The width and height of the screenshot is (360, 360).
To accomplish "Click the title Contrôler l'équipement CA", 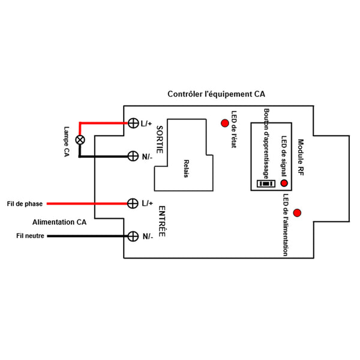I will pos(216,95).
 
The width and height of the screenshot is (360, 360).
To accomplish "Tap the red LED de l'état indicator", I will pos(225,124).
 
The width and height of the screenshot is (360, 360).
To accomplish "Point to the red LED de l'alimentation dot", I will pos(297,212).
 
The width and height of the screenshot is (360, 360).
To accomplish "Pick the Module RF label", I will pos(301,157).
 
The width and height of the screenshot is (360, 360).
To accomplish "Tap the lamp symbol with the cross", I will pos(78,140).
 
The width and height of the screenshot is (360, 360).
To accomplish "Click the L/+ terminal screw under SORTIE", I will pos(133,124).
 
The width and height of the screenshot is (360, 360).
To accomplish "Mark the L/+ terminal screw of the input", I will pos(133,203).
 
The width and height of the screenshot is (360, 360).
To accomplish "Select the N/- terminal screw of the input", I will pos(133,236).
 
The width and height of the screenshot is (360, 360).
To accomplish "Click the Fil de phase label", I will pos(24,204).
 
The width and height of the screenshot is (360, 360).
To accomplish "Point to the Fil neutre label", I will pos(30,236).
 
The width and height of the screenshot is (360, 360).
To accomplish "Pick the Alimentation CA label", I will pos(59,221).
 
